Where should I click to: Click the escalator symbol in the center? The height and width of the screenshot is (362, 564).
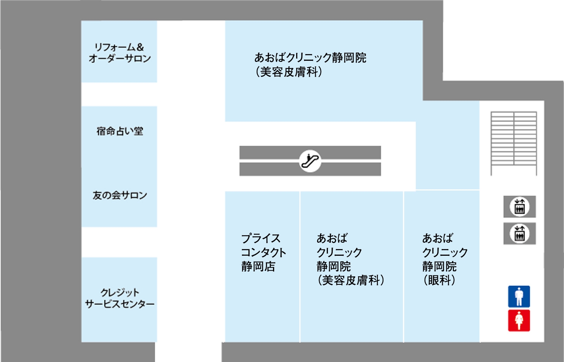[x=310, y=161]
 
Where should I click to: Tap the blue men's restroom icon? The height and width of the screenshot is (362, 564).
[x=519, y=297]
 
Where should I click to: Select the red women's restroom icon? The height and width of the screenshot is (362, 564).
[x=519, y=321]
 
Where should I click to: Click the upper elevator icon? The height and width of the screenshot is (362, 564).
[x=520, y=207]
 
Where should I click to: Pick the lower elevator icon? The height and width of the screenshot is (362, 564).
[x=520, y=234]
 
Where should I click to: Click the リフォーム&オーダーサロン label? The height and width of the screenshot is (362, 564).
[x=119, y=53]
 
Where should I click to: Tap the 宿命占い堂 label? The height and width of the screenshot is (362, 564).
[x=119, y=131]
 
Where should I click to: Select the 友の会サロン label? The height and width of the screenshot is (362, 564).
[x=119, y=195]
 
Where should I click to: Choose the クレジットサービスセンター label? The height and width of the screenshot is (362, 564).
[x=119, y=298]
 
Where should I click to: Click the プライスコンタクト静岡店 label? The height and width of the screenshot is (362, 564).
[x=263, y=252]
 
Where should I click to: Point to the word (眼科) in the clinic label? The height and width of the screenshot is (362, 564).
[x=439, y=280]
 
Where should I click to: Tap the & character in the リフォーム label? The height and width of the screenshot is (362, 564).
[x=140, y=47]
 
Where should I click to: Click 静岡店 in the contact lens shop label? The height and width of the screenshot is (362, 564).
[x=258, y=267]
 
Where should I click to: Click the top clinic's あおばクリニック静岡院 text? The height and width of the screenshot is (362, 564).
[x=310, y=58]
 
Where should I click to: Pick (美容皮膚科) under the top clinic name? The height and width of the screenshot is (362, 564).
[x=289, y=72]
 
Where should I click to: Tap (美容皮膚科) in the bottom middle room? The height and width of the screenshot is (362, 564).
[x=351, y=280]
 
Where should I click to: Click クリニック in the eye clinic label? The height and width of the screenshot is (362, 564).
[x=445, y=252]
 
